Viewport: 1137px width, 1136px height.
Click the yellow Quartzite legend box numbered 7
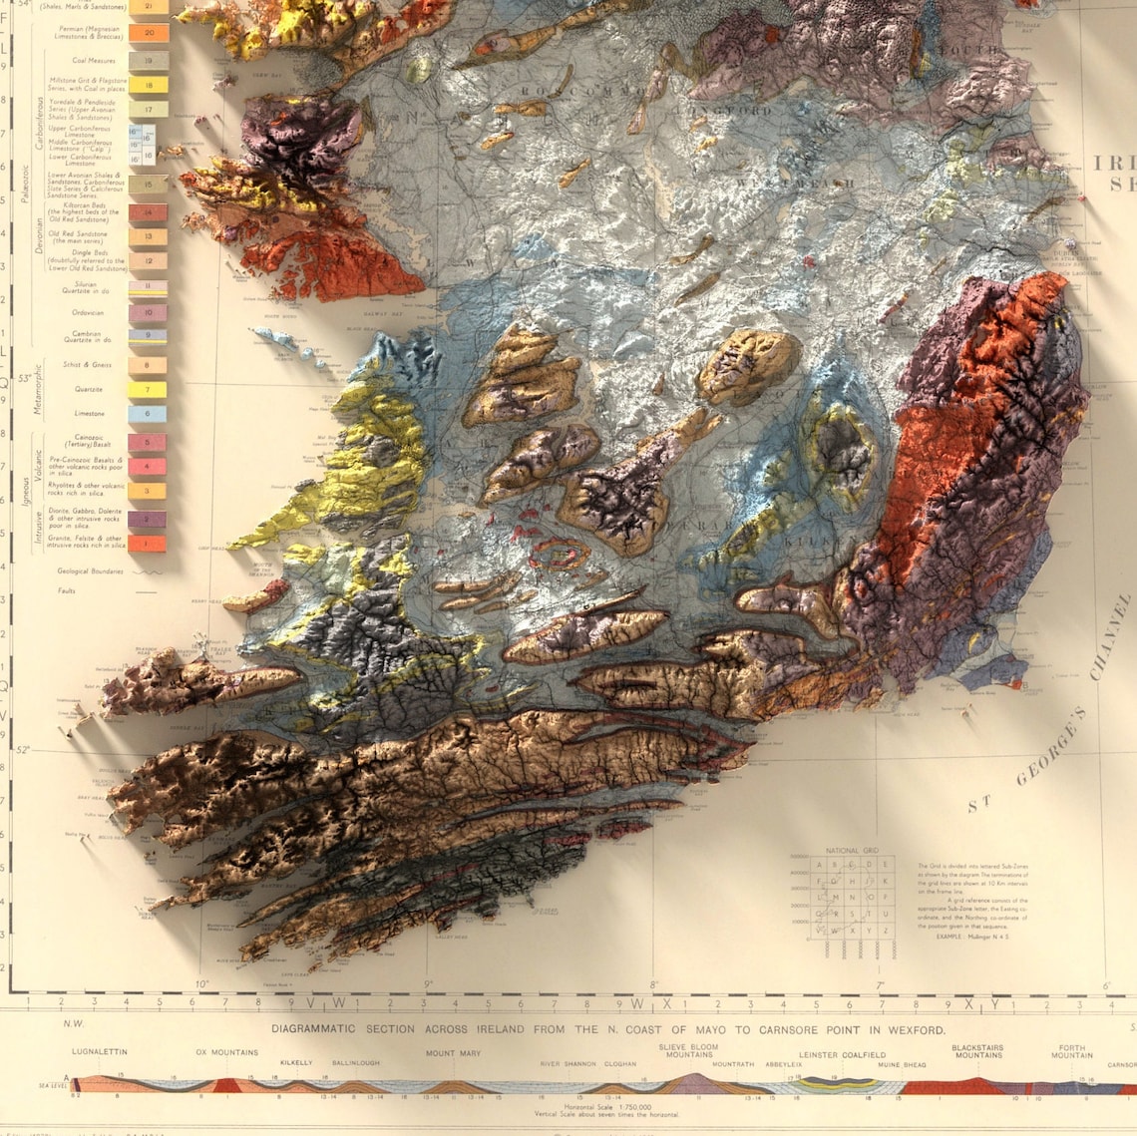(148, 390)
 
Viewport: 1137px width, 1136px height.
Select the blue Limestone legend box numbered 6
(148, 414)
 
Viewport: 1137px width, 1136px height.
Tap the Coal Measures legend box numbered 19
(149, 61)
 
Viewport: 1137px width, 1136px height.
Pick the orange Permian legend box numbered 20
(149, 33)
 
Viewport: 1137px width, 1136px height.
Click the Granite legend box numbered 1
(148, 544)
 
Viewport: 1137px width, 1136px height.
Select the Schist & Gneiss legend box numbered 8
(148, 365)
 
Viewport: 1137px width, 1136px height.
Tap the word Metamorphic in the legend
(40, 389)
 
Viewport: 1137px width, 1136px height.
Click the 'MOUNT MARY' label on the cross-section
(454, 1052)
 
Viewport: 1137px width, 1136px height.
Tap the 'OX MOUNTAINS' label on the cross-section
(226, 1052)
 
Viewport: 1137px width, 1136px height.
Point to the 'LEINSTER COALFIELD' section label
(842, 1054)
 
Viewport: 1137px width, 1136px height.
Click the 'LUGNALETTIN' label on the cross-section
(100, 1051)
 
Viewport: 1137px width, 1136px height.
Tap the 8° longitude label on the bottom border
(654, 984)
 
